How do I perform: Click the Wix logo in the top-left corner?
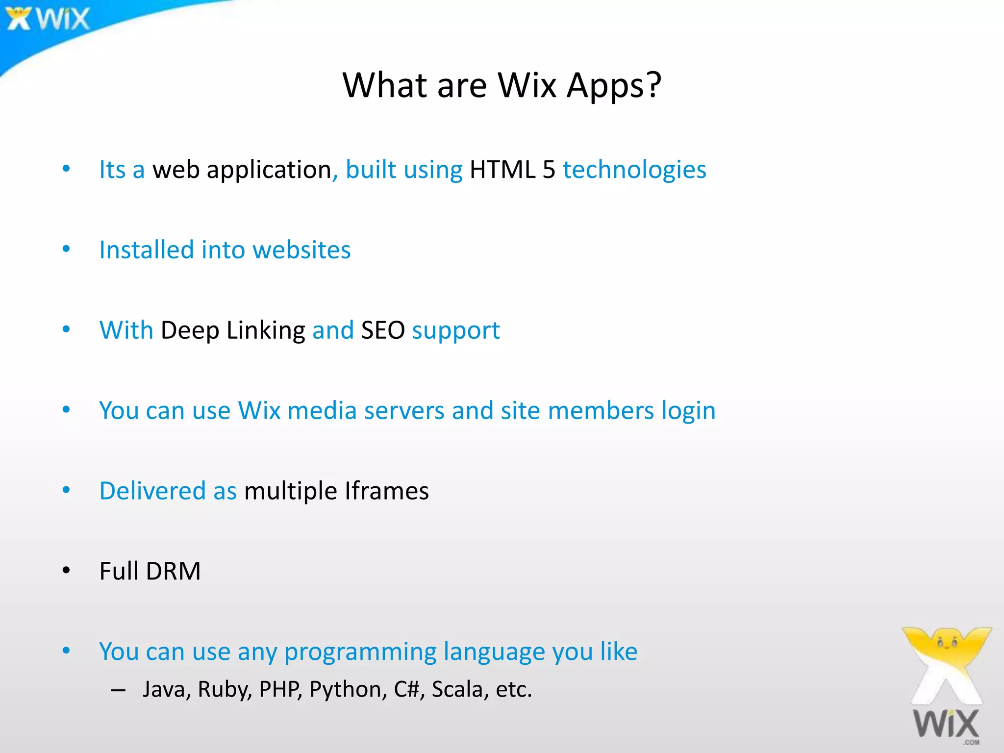48,19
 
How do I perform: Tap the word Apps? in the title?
614,85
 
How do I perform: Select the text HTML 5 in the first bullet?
512,170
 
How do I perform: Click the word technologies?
634,170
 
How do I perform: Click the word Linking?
266,330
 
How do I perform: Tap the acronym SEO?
383,330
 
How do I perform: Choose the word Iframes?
386,491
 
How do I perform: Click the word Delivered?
152,491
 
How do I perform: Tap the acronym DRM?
174,572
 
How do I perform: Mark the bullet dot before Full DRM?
66,570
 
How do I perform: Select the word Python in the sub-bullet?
345,690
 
